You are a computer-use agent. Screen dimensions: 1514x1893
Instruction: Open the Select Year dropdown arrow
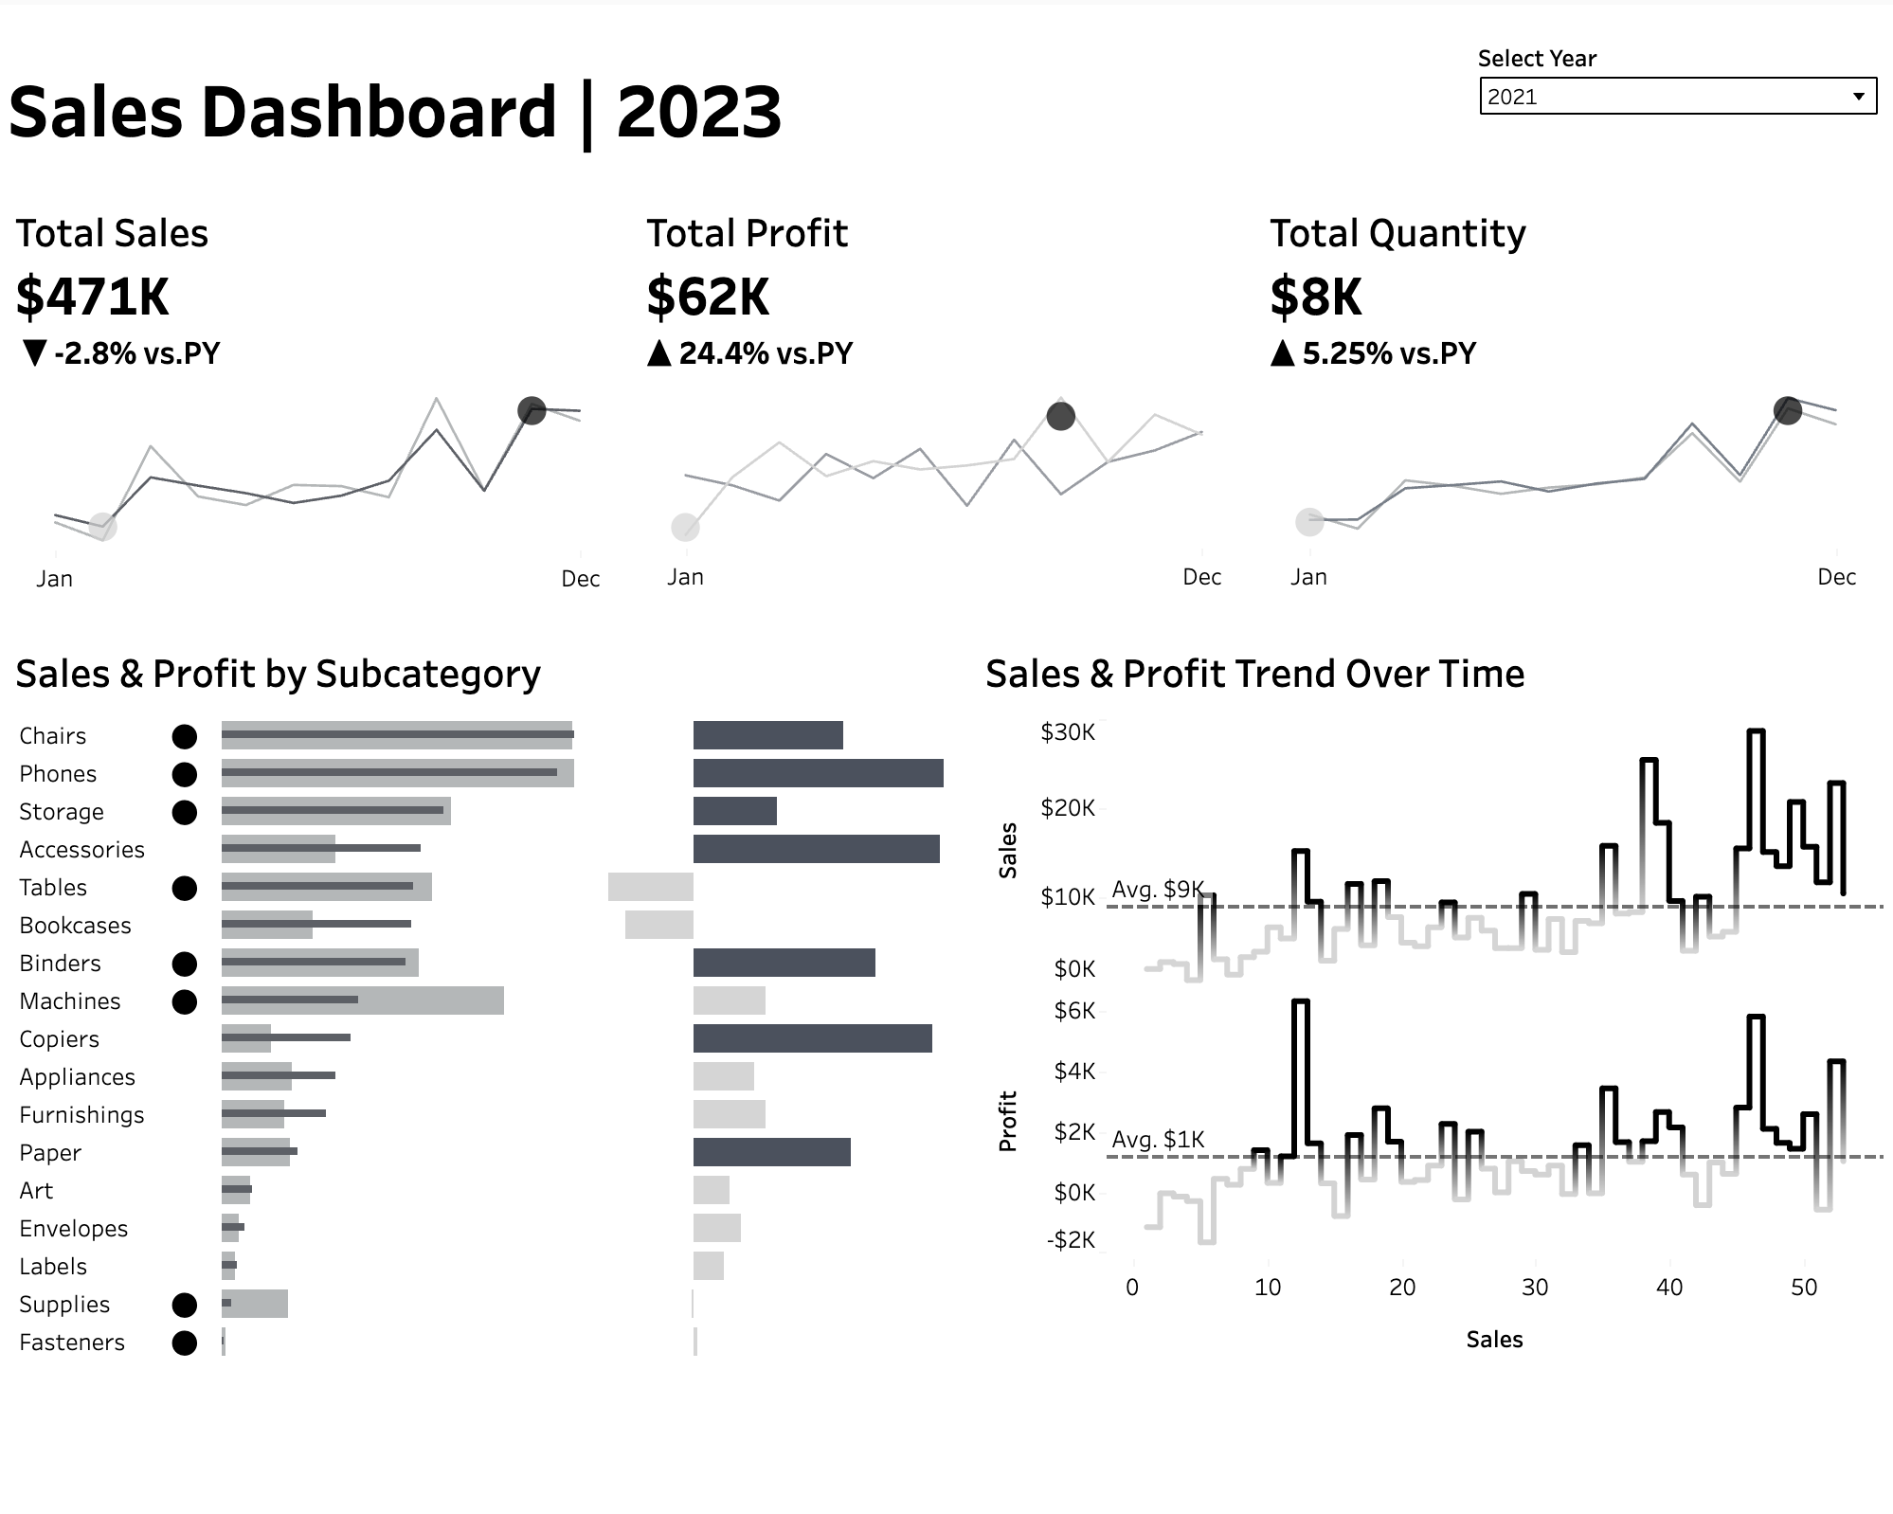point(1858,97)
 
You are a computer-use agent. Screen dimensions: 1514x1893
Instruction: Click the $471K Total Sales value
point(92,297)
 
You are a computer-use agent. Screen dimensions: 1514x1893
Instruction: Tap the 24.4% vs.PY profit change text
point(765,353)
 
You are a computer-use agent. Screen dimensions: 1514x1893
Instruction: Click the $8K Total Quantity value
point(1315,297)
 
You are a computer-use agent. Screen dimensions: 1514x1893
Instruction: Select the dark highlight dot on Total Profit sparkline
point(1060,416)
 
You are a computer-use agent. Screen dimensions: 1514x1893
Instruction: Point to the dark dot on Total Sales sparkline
point(532,410)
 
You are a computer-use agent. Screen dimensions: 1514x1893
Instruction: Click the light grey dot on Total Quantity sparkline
point(1309,521)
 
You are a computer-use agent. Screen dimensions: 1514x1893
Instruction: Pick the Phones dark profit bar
point(818,773)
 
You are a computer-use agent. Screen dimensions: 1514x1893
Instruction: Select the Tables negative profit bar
point(650,887)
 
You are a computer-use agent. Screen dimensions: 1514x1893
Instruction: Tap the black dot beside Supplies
point(185,1305)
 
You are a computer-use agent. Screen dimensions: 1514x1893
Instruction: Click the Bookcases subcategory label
point(75,926)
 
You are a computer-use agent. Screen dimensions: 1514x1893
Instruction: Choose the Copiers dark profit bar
point(812,1038)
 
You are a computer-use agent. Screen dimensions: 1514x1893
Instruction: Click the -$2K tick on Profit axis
point(1071,1240)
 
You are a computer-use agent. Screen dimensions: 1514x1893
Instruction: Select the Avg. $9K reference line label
point(1157,890)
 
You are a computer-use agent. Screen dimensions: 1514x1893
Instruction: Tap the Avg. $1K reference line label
point(1157,1139)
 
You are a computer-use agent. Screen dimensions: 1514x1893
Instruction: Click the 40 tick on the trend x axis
point(1668,1288)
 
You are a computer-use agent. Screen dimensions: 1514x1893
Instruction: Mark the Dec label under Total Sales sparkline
point(580,579)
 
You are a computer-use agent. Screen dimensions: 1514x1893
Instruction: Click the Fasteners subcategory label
point(72,1343)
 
